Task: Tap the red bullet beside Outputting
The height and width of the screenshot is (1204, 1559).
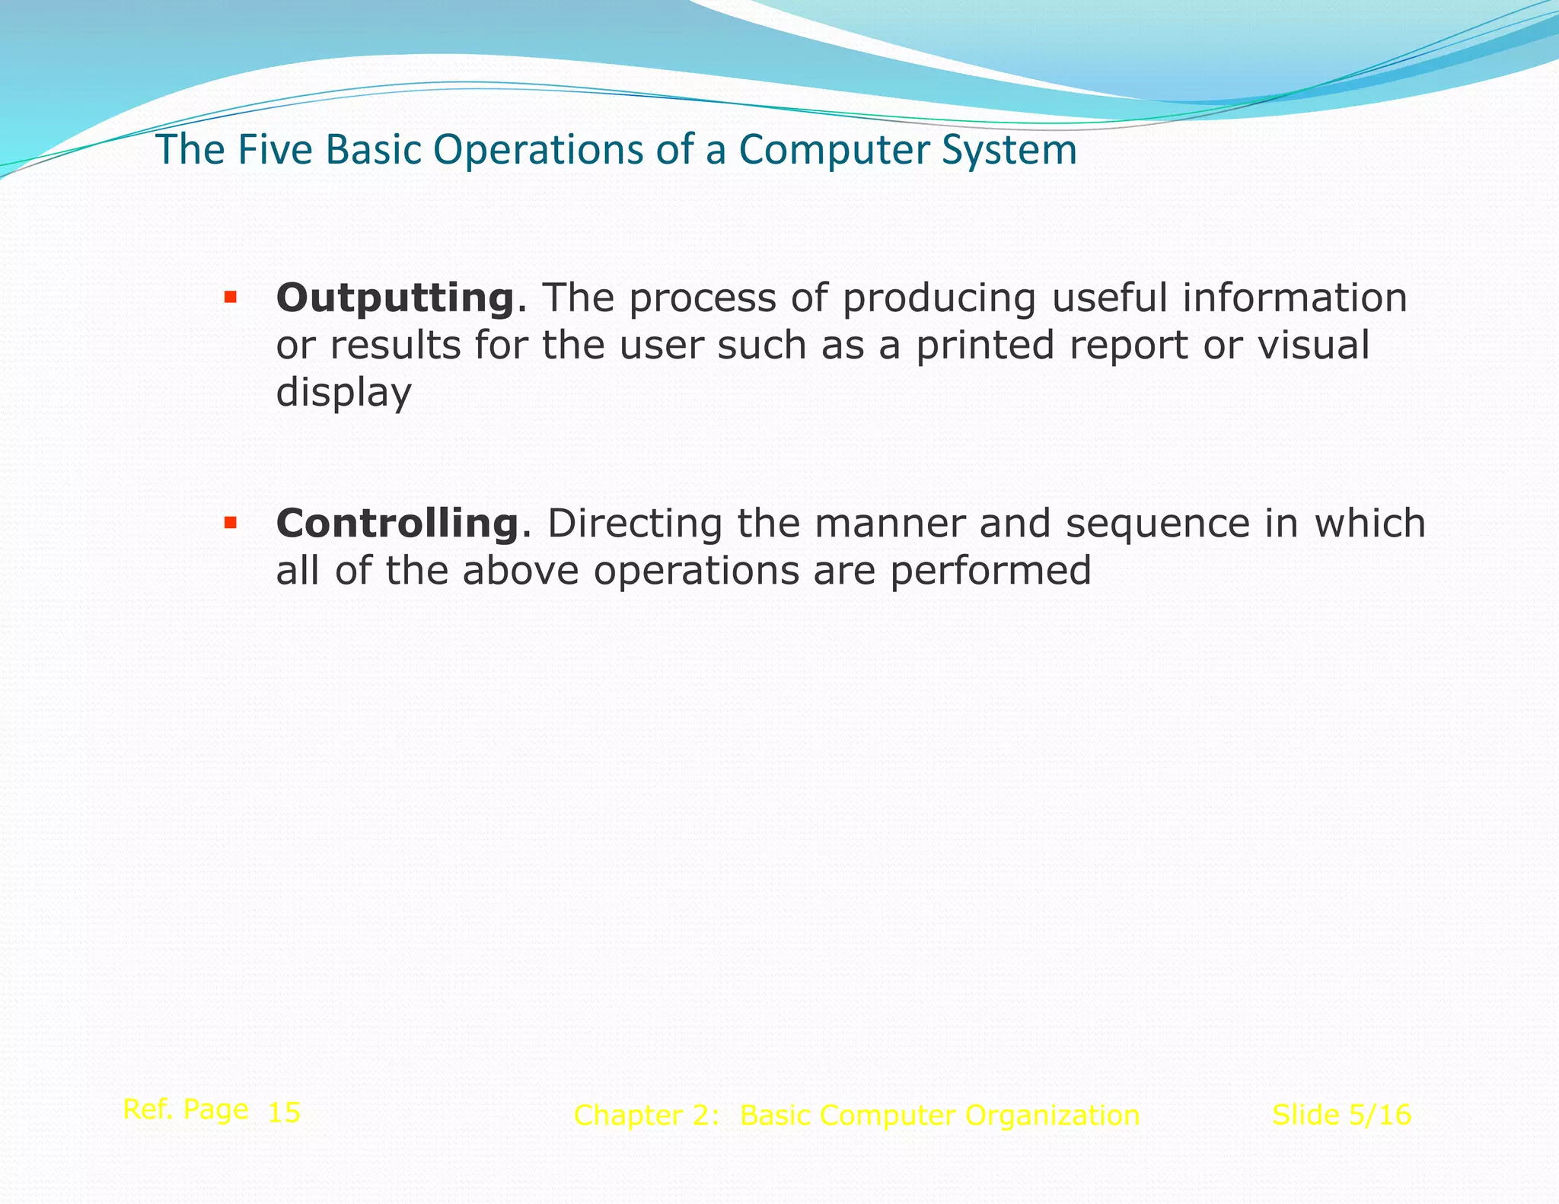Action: pos(230,297)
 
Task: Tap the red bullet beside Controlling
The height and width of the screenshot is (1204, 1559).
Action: pos(230,523)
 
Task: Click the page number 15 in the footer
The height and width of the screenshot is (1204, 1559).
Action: pos(285,1113)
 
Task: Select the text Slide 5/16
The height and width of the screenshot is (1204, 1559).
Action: pos(1341,1115)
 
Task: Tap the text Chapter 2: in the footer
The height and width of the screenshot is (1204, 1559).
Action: pos(646,1116)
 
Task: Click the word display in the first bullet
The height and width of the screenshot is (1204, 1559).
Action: pos(343,393)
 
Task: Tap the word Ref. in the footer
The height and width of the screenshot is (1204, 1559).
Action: pos(147,1110)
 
